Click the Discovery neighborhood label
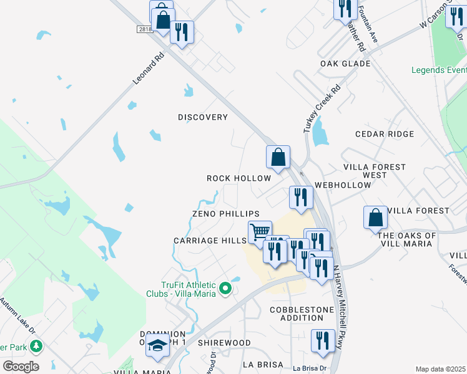[x=203, y=117]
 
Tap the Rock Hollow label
[x=239, y=178]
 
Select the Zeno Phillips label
[x=225, y=214]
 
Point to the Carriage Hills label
[x=210, y=241]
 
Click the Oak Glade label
[x=345, y=64]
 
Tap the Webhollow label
[x=343, y=185]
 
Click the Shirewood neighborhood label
[x=224, y=343]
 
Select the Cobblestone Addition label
[x=297, y=314]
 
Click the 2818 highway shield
[x=144, y=29]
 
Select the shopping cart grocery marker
[x=260, y=232]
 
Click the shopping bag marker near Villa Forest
[x=375, y=217]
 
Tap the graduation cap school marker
[x=157, y=345]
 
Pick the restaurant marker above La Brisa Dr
[x=322, y=340]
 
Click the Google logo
[x=21, y=366]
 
